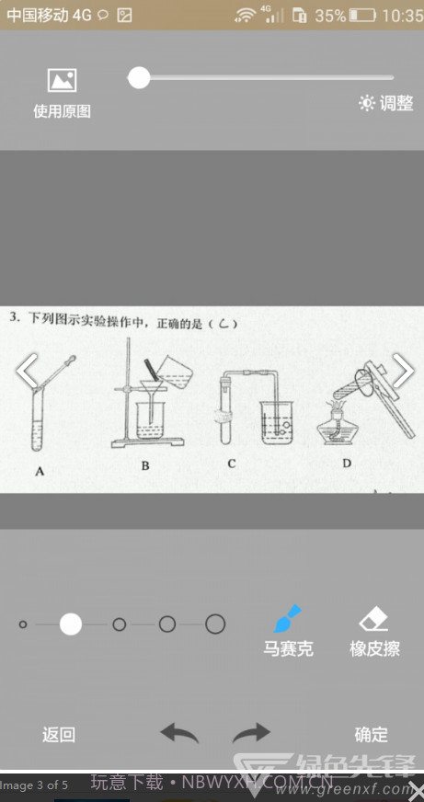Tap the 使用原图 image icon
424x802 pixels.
tap(62, 81)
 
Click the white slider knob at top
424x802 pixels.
tap(139, 78)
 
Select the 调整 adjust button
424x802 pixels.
tap(386, 103)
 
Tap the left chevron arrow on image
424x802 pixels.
tap(28, 371)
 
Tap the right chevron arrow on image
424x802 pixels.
tap(402, 371)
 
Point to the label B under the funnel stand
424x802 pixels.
tap(145, 466)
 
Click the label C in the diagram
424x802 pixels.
tap(232, 464)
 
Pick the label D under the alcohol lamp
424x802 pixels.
tap(347, 463)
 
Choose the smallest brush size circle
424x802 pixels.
tap(23, 624)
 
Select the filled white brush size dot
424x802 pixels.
tap(71, 624)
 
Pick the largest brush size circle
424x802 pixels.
tap(215, 624)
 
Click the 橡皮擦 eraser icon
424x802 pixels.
tap(374, 617)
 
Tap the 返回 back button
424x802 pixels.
tap(59, 734)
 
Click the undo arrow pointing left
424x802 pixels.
tap(179, 733)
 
